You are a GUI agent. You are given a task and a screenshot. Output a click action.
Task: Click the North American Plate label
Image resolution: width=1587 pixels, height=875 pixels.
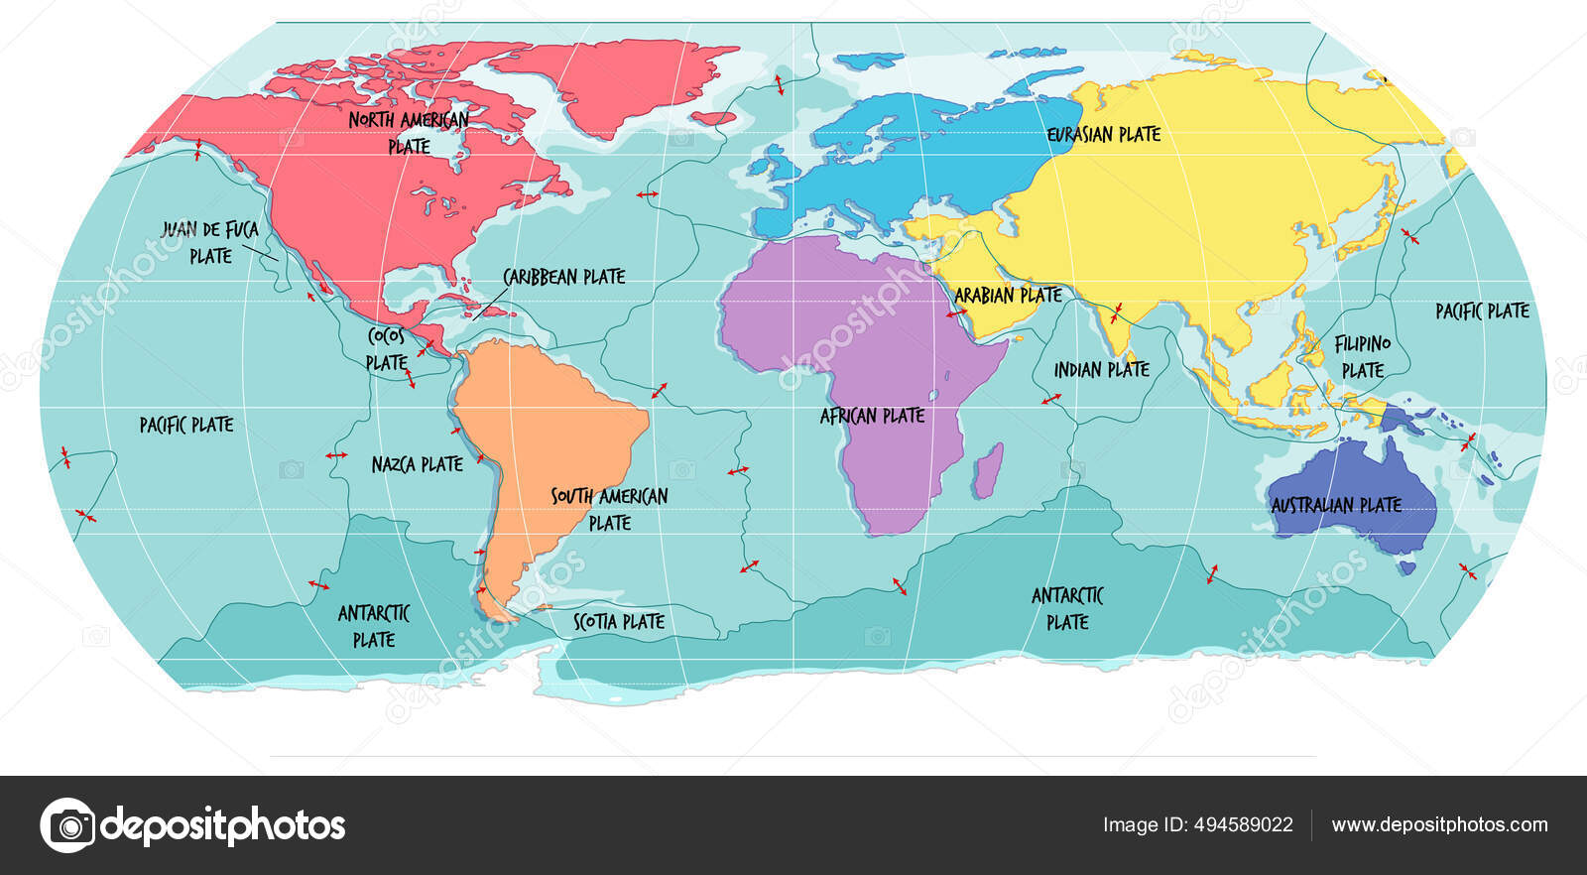[409, 132]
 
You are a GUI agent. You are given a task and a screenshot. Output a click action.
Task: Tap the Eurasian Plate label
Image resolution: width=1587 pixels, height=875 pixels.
[1104, 134]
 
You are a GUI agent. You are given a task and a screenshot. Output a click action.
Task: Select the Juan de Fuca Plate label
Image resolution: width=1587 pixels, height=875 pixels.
[210, 242]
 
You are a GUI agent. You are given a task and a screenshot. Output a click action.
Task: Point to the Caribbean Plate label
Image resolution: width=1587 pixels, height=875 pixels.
[563, 277]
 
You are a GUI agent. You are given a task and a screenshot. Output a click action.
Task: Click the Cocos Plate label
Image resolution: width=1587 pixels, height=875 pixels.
[386, 349]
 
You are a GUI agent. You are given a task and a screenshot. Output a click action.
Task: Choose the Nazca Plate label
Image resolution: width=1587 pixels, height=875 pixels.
[417, 464]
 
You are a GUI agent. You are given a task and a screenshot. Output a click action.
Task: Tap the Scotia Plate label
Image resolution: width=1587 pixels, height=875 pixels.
[619, 622]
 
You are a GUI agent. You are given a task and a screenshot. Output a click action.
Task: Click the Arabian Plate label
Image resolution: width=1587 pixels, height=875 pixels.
[1008, 295]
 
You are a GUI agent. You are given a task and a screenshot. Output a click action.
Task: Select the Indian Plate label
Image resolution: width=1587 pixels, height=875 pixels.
[1101, 370]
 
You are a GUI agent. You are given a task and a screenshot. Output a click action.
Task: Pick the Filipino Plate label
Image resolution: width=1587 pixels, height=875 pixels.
[1362, 356]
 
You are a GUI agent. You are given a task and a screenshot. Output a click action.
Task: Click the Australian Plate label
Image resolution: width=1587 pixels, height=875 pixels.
[1336, 505]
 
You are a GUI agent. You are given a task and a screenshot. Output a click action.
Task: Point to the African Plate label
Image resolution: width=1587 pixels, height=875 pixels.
[872, 416]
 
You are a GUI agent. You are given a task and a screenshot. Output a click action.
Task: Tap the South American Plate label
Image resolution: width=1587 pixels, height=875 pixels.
[609, 508]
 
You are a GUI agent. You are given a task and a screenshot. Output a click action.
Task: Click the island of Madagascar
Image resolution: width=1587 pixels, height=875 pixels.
[987, 471]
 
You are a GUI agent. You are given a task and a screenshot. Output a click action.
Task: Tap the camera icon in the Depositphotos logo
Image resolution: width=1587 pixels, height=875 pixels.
[67, 825]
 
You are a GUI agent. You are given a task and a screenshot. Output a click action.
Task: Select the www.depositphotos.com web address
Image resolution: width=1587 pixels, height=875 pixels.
[1439, 824]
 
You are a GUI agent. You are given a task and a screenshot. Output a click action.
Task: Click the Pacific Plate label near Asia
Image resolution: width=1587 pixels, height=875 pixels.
[1482, 312]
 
